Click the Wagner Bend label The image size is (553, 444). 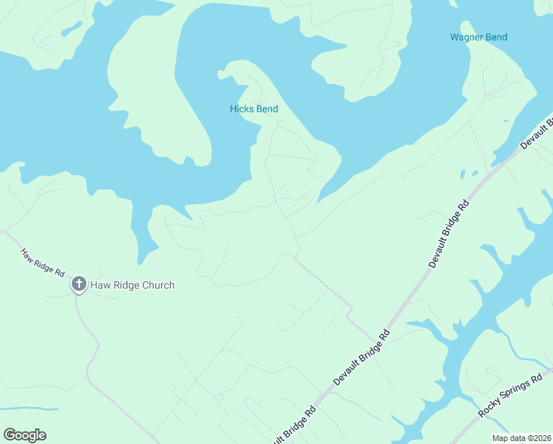coord(478,37)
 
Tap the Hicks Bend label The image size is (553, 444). coord(254,109)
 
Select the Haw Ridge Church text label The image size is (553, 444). coord(132,285)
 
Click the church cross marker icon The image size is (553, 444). coord(79,283)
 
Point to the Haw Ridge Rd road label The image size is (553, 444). coord(42,263)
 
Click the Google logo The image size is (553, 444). coord(24,435)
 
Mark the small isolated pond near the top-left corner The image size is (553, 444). coord(72,28)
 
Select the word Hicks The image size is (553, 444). coord(241,109)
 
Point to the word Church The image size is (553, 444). coord(158,285)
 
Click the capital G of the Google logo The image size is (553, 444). coord(10,435)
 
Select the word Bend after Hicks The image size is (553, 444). coord(267,109)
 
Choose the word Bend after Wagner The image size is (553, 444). coord(495,37)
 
